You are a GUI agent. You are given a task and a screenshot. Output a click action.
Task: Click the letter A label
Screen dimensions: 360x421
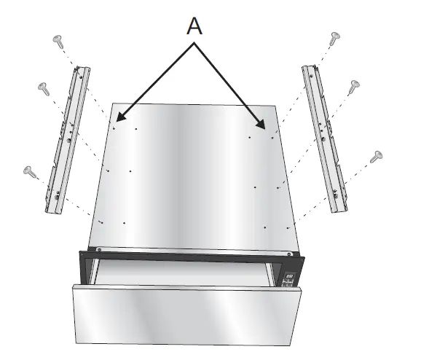coord(194,26)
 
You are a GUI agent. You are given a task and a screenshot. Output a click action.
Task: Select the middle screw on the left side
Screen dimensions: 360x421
coord(43,87)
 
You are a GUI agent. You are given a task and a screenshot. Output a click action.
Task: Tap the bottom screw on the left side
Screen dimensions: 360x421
coord(31,171)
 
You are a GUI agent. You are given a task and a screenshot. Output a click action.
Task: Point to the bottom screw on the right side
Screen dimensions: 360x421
coord(376,155)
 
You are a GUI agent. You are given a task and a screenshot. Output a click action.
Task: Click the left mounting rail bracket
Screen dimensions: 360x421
coord(66,138)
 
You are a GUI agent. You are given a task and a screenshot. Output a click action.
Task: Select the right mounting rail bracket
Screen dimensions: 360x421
coord(326,138)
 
